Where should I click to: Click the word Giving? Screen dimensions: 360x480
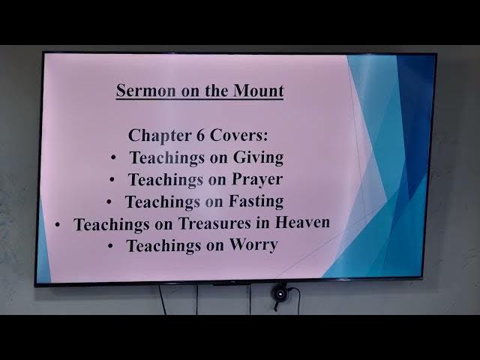tap(257, 158)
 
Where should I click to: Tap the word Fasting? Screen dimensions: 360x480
tap(256, 202)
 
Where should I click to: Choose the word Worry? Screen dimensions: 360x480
tap(253, 245)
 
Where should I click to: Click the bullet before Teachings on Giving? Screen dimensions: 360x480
tap(113, 158)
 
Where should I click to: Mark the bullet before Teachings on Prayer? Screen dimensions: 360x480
tap(112, 180)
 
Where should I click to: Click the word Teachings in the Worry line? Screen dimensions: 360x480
tap(164, 246)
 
